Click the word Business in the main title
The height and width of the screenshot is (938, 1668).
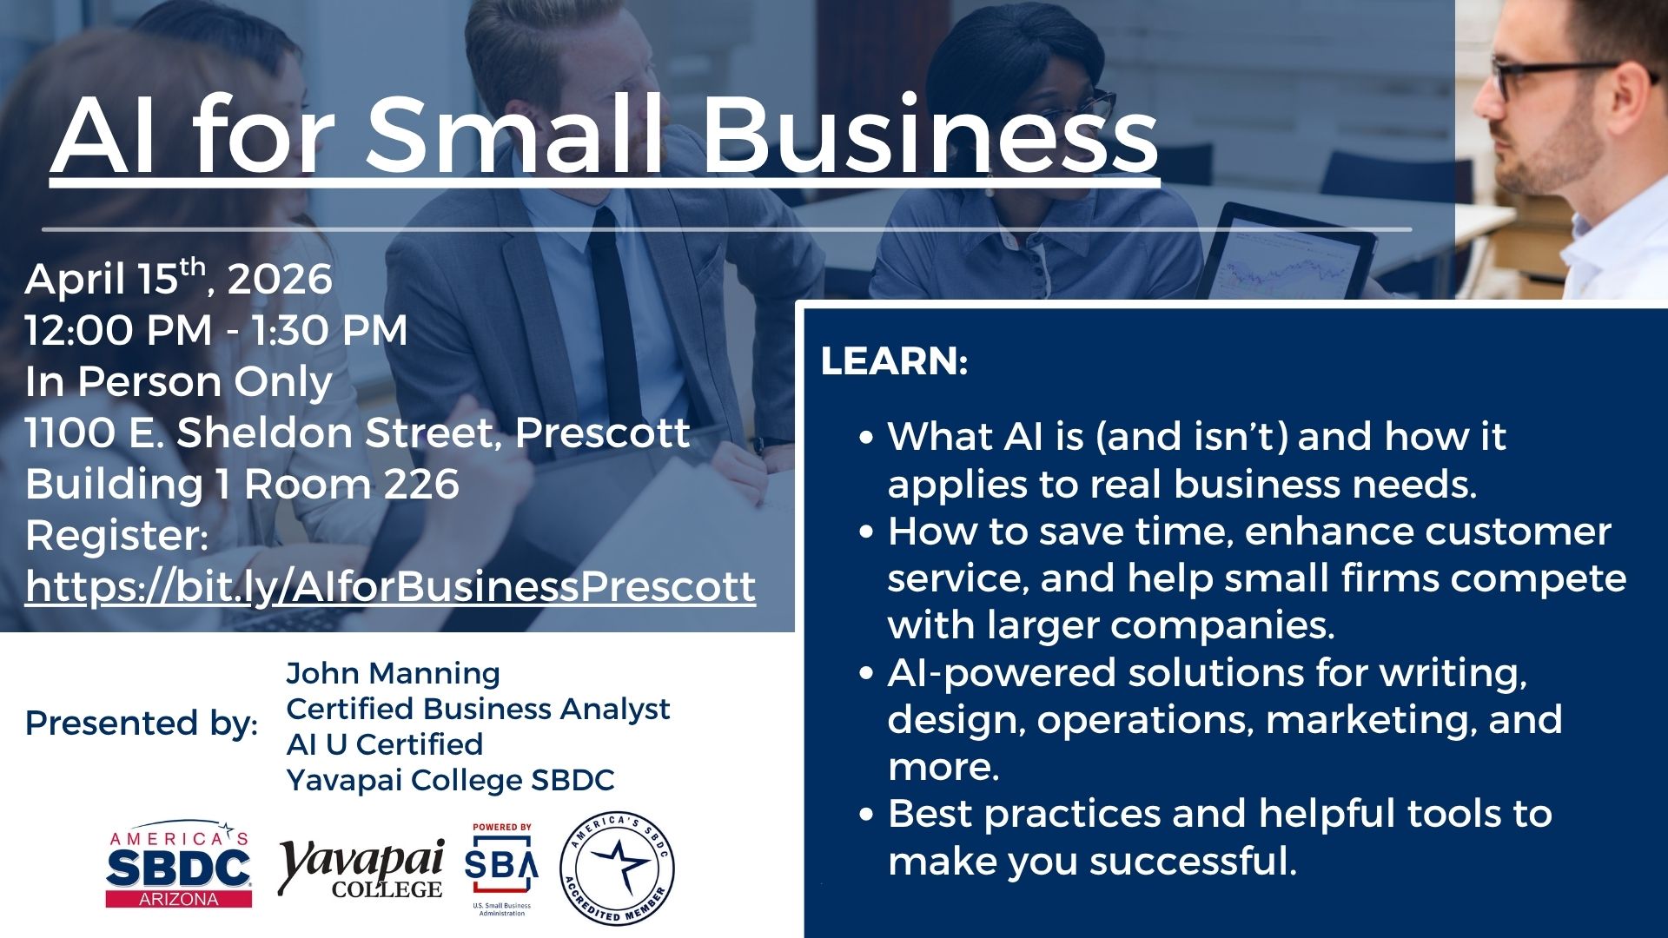pyautogui.click(x=930, y=135)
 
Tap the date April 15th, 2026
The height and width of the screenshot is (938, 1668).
pyautogui.click(x=178, y=278)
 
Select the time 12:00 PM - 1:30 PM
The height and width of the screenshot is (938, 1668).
pyautogui.click(x=216, y=330)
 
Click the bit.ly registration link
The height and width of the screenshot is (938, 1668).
pyautogui.click(x=390, y=586)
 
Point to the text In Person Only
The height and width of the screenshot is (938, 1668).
pyautogui.click(x=179, y=382)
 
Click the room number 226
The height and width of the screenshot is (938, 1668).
pyautogui.click(x=421, y=484)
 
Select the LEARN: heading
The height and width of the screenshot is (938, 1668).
pyautogui.click(x=894, y=361)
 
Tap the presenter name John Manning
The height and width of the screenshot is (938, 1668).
pyautogui.click(x=393, y=673)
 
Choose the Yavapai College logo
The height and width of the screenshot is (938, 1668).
pyautogui.click(x=361, y=869)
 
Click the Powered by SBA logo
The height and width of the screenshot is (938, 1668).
pyautogui.click(x=501, y=869)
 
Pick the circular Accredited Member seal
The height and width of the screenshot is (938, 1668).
pyautogui.click(x=617, y=869)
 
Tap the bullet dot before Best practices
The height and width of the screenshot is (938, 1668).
pyautogui.click(x=866, y=816)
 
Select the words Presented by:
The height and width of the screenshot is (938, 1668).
pyautogui.click(x=142, y=723)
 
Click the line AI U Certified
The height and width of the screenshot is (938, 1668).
pyautogui.click(x=384, y=744)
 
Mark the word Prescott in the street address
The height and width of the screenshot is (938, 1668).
pyautogui.click(x=603, y=433)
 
